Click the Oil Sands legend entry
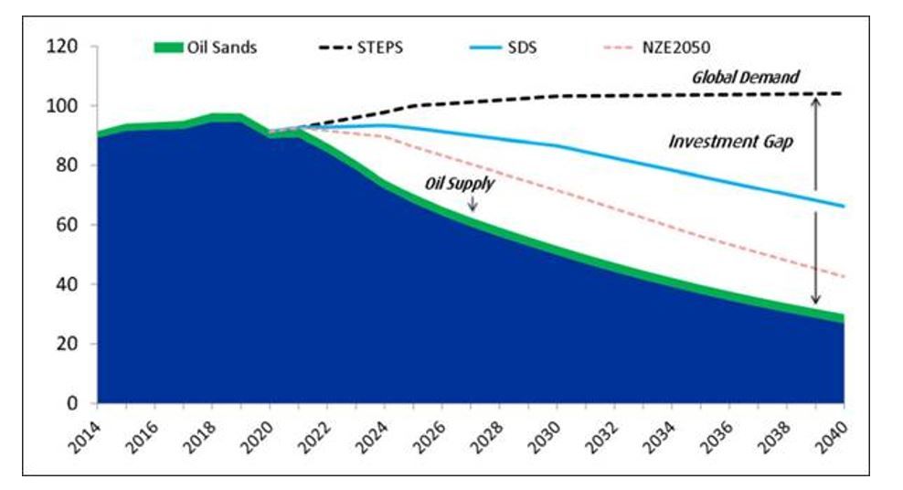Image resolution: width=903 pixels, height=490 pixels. pos(205,48)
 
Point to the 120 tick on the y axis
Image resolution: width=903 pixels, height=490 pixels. pos(74,47)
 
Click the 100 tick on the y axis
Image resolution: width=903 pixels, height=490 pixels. pos(74,106)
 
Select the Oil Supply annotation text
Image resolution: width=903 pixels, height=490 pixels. pos(460,184)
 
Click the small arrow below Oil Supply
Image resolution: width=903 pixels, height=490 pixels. pos(473,205)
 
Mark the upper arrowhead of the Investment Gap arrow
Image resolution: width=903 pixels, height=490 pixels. pos(816,101)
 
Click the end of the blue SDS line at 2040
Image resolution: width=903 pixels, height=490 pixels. pos(842,206)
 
